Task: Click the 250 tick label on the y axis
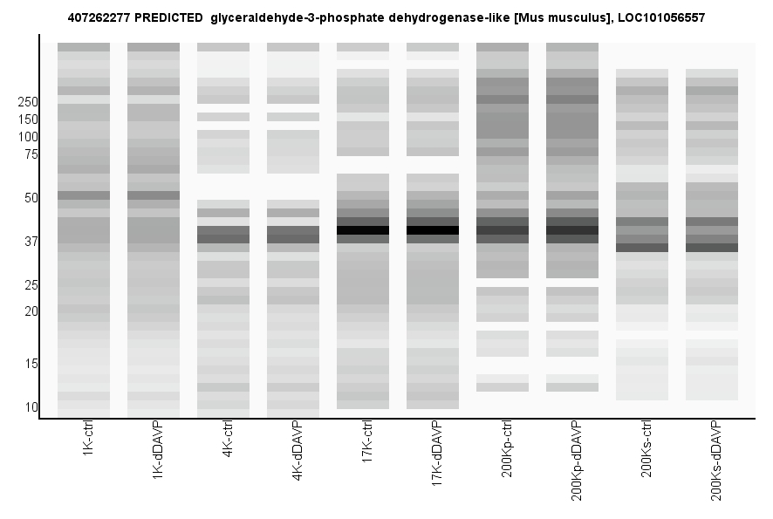(27, 102)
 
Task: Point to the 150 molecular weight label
(27, 120)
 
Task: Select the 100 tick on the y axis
(27, 137)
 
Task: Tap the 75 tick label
(31, 154)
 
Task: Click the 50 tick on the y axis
(31, 198)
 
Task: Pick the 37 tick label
(31, 242)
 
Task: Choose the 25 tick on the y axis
(31, 285)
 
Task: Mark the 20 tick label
(31, 311)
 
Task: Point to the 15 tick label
(31, 364)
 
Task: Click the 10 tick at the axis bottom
(31, 407)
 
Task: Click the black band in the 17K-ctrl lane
(363, 230)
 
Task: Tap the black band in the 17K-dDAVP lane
(433, 230)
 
